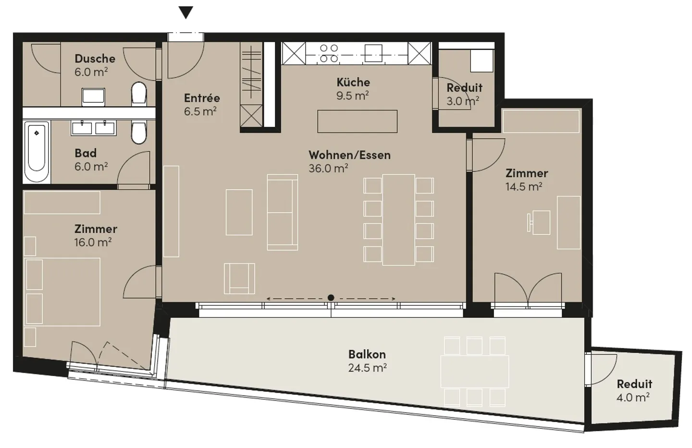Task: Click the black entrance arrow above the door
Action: [186, 12]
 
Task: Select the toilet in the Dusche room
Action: [138, 93]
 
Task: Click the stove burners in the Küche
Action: [329, 53]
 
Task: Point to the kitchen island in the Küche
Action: [357, 121]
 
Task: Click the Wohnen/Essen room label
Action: [349, 155]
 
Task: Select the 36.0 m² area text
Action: [328, 169]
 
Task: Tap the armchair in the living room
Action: [239, 278]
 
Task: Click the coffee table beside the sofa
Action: [239, 212]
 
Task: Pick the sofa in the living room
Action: [282, 212]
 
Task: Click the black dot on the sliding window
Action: [331, 298]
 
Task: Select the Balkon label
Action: [367, 354]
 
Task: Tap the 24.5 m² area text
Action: [367, 368]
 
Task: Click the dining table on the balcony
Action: [474, 372]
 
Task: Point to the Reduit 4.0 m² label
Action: [634, 384]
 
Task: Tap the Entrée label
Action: [202, 98]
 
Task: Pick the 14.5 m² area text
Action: [523, 187]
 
